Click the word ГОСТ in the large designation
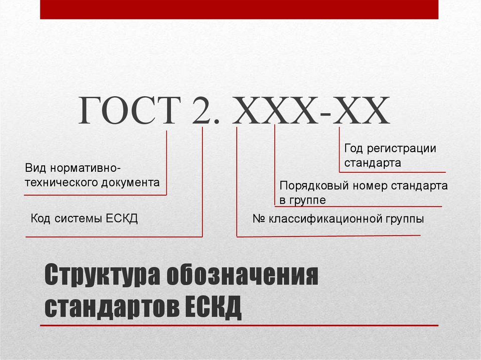click(130, 110)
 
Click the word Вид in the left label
click(36, 168)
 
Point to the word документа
click(131, 183)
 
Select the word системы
click(78, 219)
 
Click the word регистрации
click(402, 149)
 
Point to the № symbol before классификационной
click(259, 219)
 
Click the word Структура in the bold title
click(102, 276)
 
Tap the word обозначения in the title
click(243, 275)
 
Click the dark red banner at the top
click(239, 9)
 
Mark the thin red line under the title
click(239, 325)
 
